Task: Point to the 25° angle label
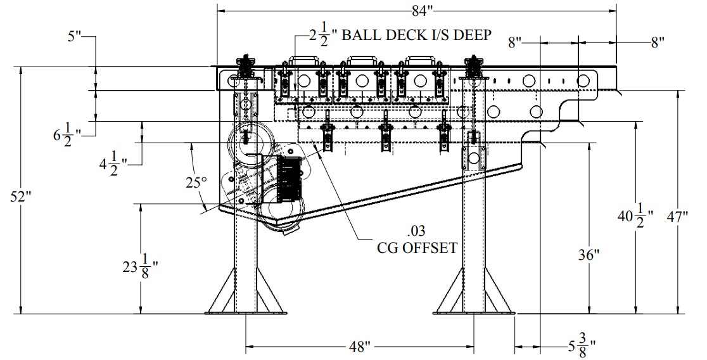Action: pos(196,183)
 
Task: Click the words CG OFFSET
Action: pos(416,247)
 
